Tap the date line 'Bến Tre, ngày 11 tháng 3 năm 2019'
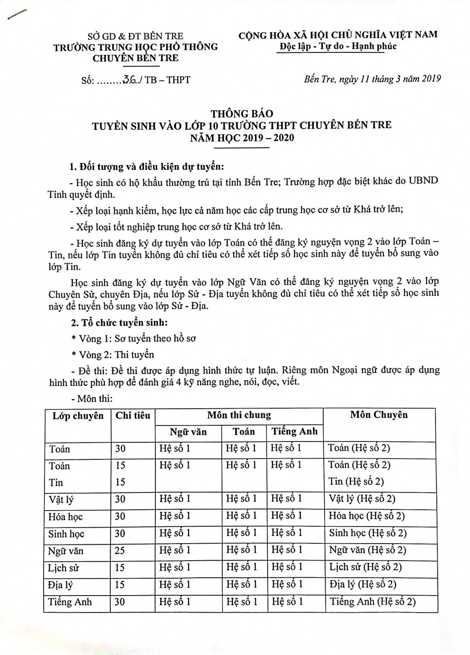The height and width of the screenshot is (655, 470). [372, 79]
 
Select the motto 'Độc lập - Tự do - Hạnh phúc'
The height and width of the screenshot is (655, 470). [338, 46]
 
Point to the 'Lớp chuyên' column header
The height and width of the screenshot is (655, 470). [78, 415]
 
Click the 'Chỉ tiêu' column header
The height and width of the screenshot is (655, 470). [133, 415]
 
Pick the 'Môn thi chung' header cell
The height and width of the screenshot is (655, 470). [239, 415]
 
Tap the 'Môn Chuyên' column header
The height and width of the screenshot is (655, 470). [379, 414]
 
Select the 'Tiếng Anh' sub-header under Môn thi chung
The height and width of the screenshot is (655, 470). [295, 432]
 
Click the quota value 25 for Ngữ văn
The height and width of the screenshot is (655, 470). [120, 550]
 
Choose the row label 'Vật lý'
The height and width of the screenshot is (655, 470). [62, 499]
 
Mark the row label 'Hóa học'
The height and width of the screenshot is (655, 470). [65, 517]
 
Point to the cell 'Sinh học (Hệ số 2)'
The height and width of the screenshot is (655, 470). [368, 533]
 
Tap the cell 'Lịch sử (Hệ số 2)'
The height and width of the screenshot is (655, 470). [365, 567]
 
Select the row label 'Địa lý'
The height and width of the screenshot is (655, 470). [61, 585]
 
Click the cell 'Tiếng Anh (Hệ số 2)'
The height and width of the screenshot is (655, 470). [373, 601]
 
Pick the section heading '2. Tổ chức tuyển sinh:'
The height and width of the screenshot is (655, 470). [119, 323]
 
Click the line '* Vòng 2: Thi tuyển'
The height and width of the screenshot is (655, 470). [113, 354]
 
